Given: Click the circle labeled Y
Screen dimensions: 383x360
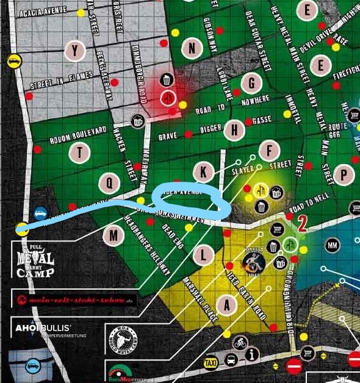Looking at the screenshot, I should point(74,51).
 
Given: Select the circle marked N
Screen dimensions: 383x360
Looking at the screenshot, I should point(192,48).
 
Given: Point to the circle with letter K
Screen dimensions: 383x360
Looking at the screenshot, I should point(203,171).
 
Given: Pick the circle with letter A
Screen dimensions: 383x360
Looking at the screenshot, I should point(227,306).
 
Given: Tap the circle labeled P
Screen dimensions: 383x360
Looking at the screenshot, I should point(344,174).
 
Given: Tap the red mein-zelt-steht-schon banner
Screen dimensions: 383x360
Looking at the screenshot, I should point(74,300).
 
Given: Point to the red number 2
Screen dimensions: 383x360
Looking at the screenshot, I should point(301,224).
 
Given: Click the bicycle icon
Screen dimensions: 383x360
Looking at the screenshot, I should point(240,343).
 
